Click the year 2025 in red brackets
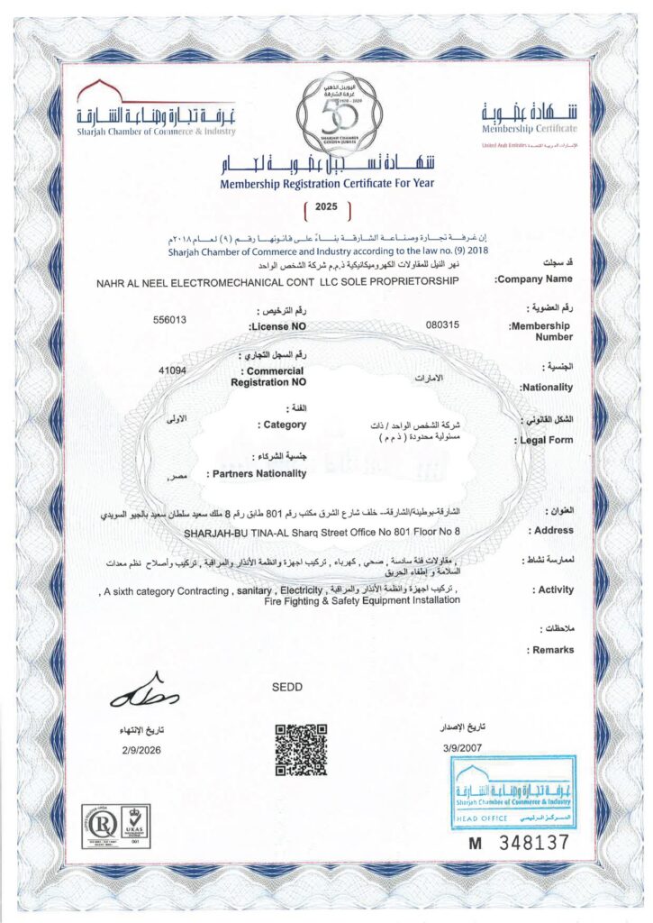click(326, 207)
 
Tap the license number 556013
click(171, 319)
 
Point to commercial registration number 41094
click(171, 370)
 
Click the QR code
click(300, 750)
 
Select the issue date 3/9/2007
click(463, 747)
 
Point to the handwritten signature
click(145, 692)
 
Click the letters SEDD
click(286, 688)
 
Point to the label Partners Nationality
click(257, 473)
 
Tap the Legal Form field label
click(547, 441)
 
